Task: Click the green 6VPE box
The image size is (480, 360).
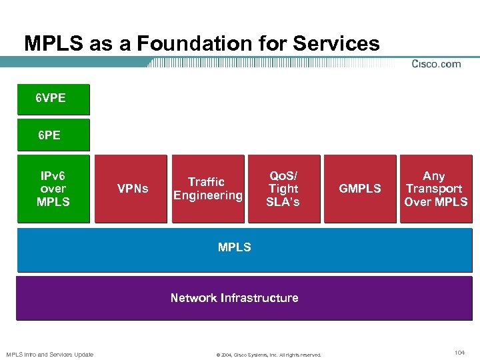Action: [53, 99]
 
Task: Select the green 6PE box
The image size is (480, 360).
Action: [53, 135]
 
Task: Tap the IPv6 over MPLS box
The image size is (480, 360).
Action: [53, 189]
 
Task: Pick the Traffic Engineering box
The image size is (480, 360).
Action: [207, 189]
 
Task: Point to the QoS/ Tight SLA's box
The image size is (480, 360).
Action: [284, 189]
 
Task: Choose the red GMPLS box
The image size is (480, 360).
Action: [360, 189]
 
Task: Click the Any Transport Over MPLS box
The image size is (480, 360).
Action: [435, 189]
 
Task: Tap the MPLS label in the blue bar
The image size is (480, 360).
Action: [235, 247]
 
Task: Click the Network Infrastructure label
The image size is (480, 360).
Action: [235, 298]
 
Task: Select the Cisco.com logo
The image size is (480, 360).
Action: [437, 64]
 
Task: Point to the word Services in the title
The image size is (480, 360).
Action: [335, 44]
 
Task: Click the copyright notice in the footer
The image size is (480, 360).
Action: [269, 355]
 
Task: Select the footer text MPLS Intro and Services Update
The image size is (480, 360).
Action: [50, 354]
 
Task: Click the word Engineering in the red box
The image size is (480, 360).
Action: [207, 195]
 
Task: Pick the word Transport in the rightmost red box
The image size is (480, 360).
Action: [434, 189]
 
